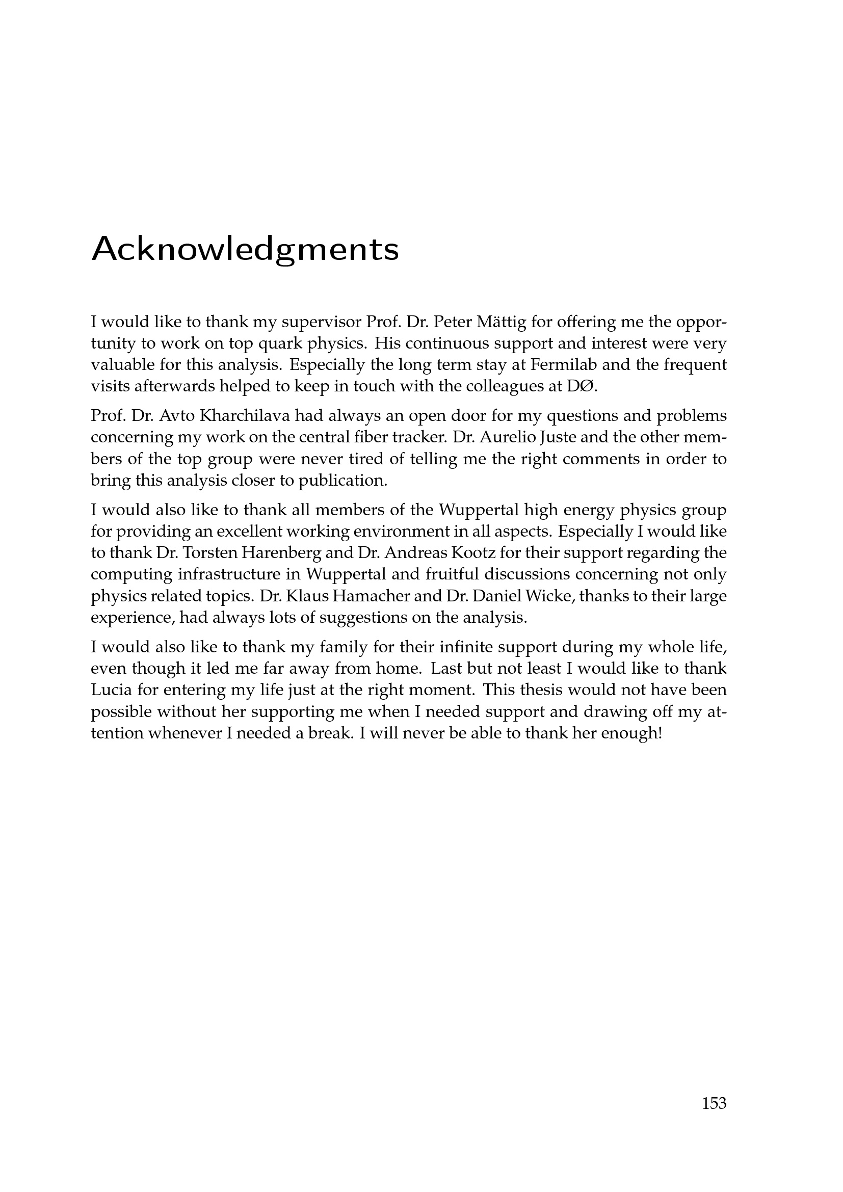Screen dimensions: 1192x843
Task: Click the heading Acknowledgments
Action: tap(245, 250)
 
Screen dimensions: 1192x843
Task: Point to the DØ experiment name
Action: tap(582, 387)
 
